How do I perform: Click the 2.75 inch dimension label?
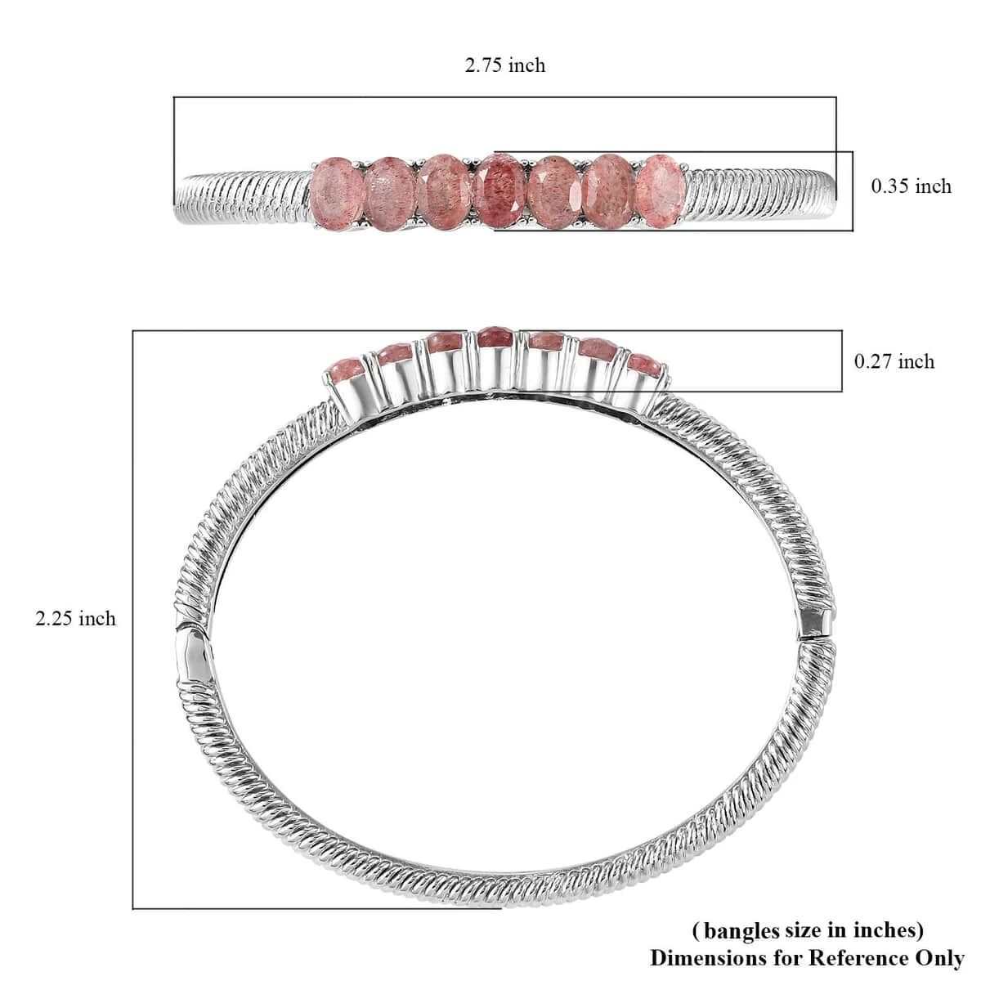point(504,65)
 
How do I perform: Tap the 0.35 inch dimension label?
point(911,187)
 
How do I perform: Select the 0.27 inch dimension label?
point(894,362)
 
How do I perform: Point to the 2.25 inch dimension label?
point(76,619)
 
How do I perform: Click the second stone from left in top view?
point(391,194)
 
